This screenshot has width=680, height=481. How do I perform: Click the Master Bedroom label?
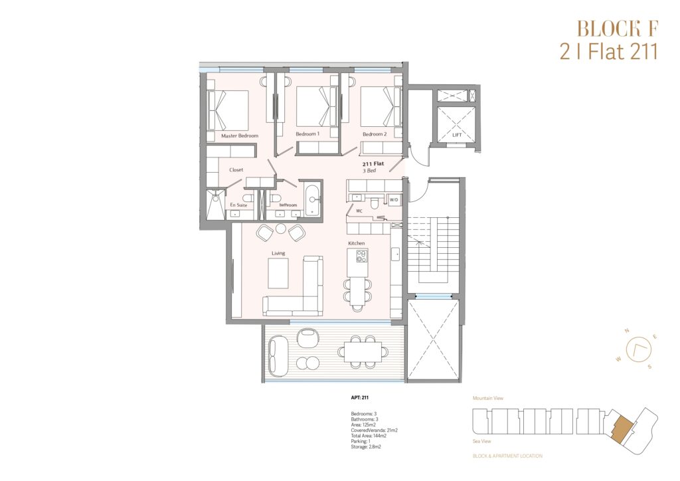point(239,136)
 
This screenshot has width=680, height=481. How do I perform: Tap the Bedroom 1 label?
point(307,134)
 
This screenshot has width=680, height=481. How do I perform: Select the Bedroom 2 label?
point(375,134)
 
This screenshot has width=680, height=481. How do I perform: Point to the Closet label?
point(236,170)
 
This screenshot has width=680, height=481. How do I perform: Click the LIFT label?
point(457,135)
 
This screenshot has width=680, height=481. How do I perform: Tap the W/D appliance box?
point(394,200)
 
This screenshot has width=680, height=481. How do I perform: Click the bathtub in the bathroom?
point(313,200)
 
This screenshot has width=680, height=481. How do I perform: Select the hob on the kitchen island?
point(361,256)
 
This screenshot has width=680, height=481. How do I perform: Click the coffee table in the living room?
point(278,273)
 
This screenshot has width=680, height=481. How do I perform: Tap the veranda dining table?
point(363,351)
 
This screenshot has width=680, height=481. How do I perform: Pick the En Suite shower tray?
point(216,205)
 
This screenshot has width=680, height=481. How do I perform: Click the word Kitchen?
point(357,243)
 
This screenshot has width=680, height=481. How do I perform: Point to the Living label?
point(278,253)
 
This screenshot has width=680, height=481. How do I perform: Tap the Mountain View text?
point(488,398)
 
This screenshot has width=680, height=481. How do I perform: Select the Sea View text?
point(482,441)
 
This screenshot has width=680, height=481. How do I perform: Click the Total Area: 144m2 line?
point(369,436)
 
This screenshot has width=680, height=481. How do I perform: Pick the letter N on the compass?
point(627,331)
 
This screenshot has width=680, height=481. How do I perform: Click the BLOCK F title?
point(618,29)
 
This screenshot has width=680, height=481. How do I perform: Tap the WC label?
point(359,211)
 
